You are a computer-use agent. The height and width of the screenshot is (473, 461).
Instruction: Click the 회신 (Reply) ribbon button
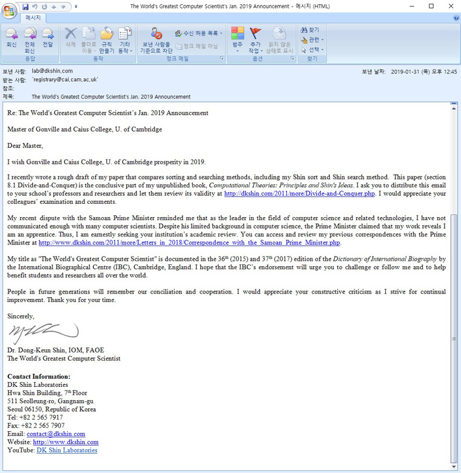pos(11,38)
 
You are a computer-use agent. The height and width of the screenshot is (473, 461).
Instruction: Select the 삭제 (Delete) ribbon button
pos(70,38)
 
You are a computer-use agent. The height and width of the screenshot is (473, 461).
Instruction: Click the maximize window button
pos(431,6)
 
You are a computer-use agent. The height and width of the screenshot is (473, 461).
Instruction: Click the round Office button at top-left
pos(10,10)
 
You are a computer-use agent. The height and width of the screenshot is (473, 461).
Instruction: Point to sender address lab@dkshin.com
pos(52,71)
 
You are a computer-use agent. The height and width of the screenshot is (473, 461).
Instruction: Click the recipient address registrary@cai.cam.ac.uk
pos(65,79)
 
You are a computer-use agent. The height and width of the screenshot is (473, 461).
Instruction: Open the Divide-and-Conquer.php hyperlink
pos(300,194)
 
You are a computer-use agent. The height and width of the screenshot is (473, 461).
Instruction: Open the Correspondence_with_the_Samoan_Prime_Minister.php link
pos(189,243)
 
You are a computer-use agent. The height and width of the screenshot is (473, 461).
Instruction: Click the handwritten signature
pos(42,333)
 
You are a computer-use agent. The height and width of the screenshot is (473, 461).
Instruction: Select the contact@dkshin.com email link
pos(56,434)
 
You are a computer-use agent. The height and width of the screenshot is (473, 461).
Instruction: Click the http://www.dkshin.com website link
pos(66,443)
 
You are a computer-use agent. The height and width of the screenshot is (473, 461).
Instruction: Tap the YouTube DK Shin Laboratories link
pos(67,451)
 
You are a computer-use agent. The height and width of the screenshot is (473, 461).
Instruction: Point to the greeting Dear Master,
pos(25,146)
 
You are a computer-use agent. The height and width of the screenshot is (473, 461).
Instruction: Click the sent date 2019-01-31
pos(406,71)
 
